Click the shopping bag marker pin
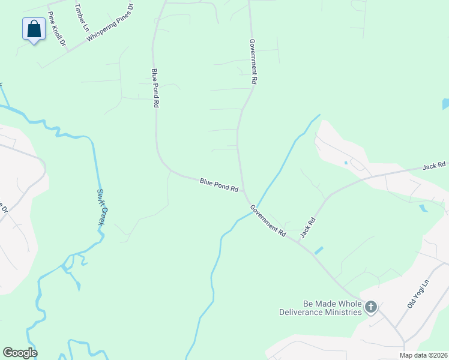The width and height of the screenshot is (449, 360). tap(34, 29)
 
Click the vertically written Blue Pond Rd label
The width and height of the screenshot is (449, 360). tap(155, 87)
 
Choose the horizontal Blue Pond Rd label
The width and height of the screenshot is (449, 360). tap(219, 184)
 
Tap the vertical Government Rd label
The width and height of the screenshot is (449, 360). tap(254, 62)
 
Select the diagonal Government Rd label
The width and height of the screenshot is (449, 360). tap(268, 220)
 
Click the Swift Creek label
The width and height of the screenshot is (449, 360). tap(101, 208)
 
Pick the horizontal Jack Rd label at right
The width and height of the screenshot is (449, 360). tap(433, 165)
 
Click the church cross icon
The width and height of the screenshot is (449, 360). tap(371, 308)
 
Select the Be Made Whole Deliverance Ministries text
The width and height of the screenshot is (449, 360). tap(321, 308)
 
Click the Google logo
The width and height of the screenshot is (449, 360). tap(20, 353)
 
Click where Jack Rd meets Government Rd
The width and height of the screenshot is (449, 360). tap(298, 240)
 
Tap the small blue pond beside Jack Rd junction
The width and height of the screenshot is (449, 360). tap(318, 250)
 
